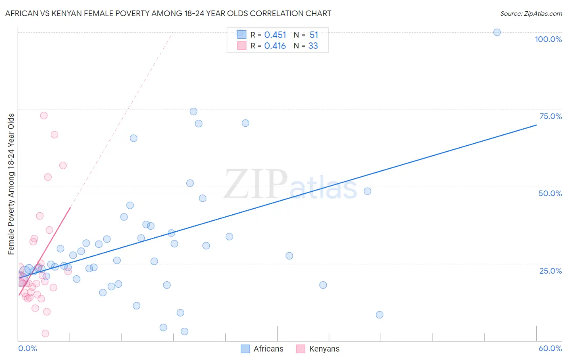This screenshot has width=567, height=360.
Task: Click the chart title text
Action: pos(168,13)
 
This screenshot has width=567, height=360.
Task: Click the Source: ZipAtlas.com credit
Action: pos(531,13)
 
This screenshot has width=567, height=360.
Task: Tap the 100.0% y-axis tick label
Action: pos(548,39)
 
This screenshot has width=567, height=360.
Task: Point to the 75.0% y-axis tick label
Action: pos(550,116)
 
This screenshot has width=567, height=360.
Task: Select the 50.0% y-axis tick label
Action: pos(550,193)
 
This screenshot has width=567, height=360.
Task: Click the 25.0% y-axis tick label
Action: pos(550,270)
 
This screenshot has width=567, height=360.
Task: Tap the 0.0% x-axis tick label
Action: pos(27,348)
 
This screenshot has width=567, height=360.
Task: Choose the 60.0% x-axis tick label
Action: pos(550,348)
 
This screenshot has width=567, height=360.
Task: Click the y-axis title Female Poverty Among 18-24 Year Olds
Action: pos(11,184)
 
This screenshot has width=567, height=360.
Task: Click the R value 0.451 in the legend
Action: pos(275,35)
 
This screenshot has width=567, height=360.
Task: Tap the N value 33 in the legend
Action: pos(313,46)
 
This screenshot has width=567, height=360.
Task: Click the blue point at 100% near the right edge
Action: pos(497,32)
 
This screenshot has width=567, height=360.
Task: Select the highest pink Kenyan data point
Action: pos(44,115)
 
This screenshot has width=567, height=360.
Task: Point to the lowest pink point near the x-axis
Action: pos(46,333)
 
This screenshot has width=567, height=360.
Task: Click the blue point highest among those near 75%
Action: pos(194,111)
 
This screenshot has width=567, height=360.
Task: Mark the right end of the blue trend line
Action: pos(536,125)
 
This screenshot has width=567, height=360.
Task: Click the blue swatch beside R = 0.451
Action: pos(242,35)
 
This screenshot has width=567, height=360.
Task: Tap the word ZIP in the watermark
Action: pos(255,184)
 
